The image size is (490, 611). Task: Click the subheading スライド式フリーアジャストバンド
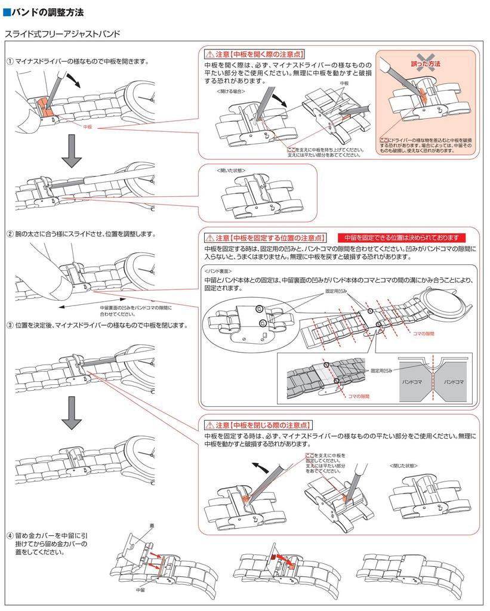(63, 34)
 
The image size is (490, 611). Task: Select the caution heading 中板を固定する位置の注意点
(266, 237)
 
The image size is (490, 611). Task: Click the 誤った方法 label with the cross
(426, 64)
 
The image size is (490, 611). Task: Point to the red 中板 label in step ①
(88, 127)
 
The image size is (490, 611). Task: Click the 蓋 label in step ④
(152, 526)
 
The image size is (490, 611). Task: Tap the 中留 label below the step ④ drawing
(141, 590)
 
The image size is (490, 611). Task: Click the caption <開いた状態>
(231, 170)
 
